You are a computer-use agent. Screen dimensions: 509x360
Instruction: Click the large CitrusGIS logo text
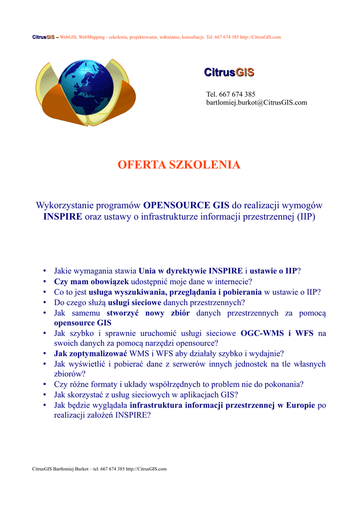pos(229,73)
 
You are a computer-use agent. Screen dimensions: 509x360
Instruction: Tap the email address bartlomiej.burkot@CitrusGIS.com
pos(257,102)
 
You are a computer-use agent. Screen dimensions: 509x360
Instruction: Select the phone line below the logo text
pos(231,94)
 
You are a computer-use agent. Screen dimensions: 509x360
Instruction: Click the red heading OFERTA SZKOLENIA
pos(179,165)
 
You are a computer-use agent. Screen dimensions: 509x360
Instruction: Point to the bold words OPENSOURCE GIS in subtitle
pos(186,205)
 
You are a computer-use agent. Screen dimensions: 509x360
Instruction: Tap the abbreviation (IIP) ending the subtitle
pos(306,217)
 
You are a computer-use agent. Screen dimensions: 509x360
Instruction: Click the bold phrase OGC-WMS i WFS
pos(277,333)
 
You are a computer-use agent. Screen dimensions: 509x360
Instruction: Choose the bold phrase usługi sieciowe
pos(134,302)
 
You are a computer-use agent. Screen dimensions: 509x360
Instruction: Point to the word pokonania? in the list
pos(285,384)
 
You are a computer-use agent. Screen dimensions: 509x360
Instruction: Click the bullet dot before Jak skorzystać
pos(45,395)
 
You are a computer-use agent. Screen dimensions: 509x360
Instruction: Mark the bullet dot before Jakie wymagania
pos(45,271)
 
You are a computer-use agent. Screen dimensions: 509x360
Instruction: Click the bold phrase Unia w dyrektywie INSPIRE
pos(191,271)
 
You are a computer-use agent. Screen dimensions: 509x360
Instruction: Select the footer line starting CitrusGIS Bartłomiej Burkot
pos(99,469)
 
